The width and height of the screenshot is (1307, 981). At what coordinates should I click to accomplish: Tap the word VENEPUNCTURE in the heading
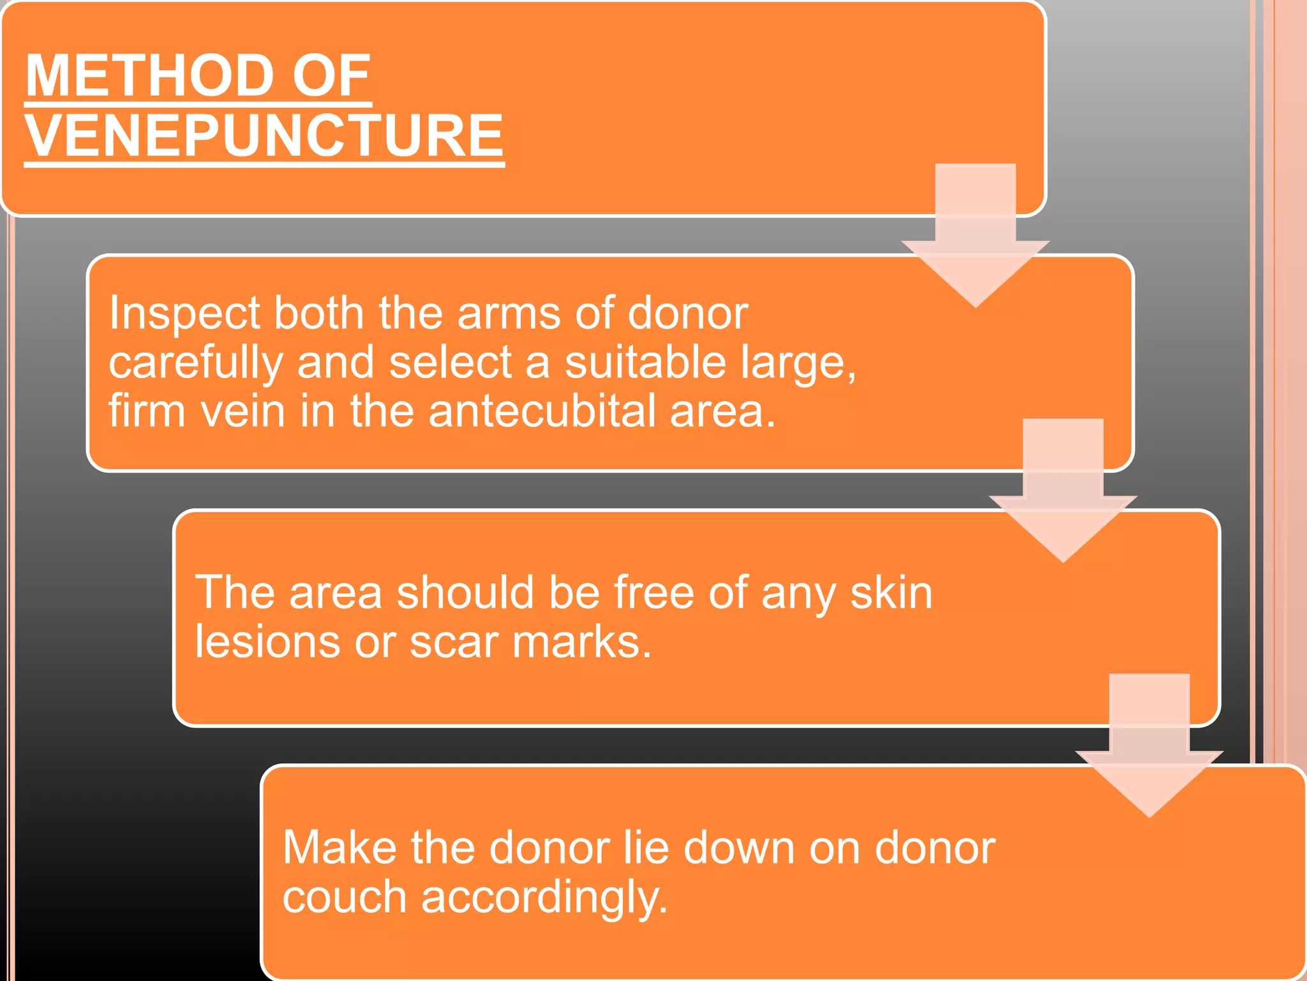(264, 135)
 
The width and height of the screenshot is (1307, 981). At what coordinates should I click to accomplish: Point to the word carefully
(195, 363)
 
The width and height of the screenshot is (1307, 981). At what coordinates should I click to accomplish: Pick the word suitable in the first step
(645, 362)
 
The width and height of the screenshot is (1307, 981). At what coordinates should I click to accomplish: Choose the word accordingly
(544, 898)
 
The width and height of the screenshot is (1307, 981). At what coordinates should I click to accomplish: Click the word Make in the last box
(339, 848)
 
